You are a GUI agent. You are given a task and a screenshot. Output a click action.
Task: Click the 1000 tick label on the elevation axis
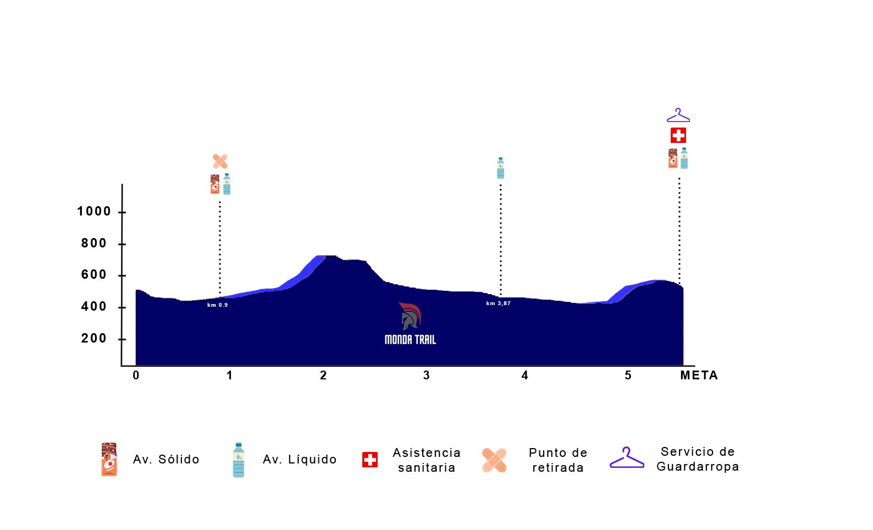click(94, 212)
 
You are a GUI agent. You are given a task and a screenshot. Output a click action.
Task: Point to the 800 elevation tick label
click(94, 244)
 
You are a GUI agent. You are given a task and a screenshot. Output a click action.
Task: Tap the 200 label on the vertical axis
click(94, 339)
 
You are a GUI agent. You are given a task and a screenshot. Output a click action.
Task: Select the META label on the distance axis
click(699, 376)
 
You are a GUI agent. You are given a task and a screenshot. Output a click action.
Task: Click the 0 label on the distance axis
click(136, 376)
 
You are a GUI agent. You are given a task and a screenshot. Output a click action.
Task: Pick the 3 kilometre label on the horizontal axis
click(427, 376)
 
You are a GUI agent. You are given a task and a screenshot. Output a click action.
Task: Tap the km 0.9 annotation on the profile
click(217, 305)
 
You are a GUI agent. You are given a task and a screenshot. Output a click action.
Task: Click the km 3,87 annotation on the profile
click(498, 303)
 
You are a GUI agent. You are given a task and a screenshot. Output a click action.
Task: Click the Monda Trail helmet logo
click(410, 316)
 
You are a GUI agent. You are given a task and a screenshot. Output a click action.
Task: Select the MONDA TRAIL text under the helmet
click(410, 340)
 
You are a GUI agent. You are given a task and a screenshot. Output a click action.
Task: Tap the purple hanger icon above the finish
click(678, 115)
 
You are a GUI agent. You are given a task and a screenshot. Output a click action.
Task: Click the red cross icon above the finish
click(678, 135)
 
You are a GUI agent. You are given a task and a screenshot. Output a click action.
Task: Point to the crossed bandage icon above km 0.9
click(220, 162)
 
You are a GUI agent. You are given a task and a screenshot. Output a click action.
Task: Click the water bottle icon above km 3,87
click(500, 168)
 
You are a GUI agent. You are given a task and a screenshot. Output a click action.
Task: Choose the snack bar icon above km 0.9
click(215, 184)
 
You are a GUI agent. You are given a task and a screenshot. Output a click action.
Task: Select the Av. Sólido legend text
click(166, 460)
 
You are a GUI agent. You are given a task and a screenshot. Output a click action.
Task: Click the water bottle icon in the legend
click(238, 460)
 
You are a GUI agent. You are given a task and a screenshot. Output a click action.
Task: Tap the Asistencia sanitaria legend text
click(427, 460)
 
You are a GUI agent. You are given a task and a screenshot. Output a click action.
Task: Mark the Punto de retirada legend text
click(558, 460)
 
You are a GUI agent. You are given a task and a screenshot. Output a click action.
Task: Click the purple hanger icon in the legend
click(627, 458)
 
